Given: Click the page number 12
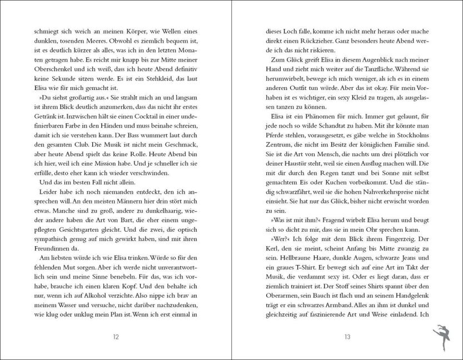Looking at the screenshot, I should tap(116, 336).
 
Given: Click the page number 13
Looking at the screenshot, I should tap(347, 336).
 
